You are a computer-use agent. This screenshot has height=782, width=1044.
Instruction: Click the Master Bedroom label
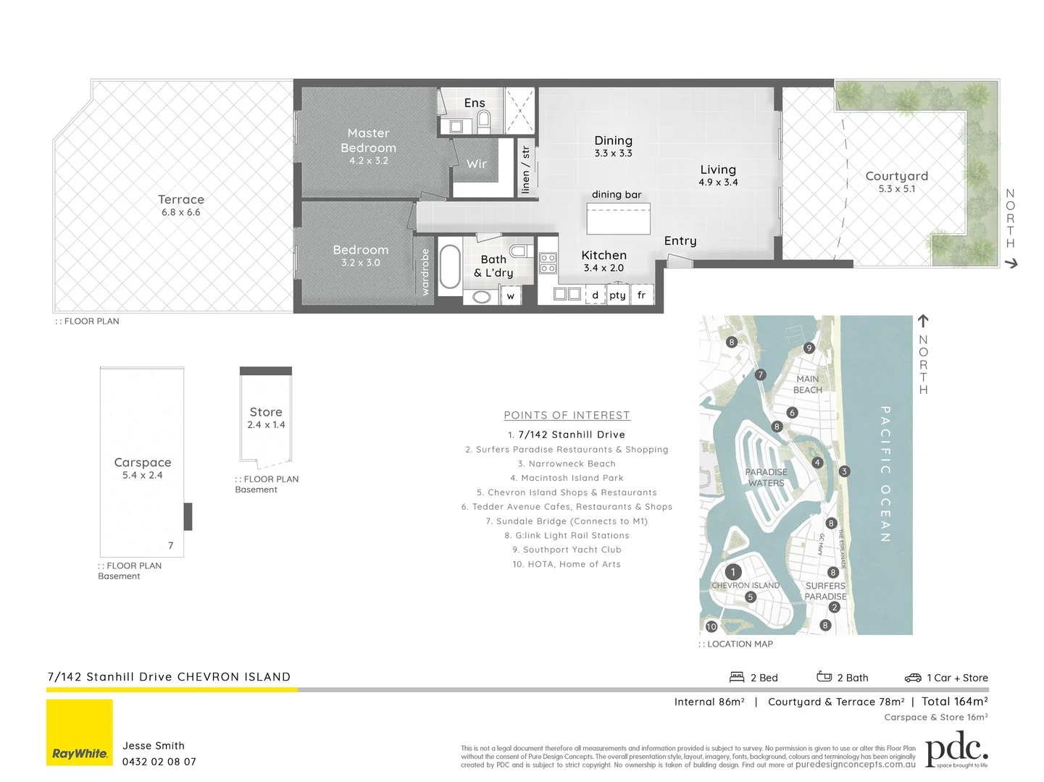tap(368, 140)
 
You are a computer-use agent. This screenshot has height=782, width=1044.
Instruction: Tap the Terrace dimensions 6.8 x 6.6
tap(181, 213)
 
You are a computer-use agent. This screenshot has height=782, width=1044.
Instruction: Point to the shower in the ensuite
tap(519, 110)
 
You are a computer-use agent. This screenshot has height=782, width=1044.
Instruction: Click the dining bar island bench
tap(618, 219)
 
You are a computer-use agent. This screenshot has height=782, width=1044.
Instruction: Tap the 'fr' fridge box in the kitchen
tap(642, 295)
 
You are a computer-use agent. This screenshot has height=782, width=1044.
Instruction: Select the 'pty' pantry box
tap(617, 295)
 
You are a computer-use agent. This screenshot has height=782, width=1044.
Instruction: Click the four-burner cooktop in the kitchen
tap(548, 263)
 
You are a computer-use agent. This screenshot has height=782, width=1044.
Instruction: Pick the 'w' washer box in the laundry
tap(511, 295)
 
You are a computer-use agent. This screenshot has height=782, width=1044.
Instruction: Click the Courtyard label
tap(896, 176)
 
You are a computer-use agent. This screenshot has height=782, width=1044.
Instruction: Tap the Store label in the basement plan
tap(266, 412)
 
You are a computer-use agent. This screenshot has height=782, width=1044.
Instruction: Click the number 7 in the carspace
tap(171, 546)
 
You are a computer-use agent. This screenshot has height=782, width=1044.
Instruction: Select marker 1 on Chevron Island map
tap(733, 572)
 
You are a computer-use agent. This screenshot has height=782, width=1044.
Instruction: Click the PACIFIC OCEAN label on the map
tap(885, 474)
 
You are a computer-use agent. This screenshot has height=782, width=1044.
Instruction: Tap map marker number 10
tap(711, 626)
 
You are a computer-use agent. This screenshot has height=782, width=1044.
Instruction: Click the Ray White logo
tap(80, 732)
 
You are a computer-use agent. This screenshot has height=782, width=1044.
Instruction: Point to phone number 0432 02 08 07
tap(159, 762)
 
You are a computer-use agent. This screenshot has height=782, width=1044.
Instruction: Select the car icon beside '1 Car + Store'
tap(913, 678)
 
